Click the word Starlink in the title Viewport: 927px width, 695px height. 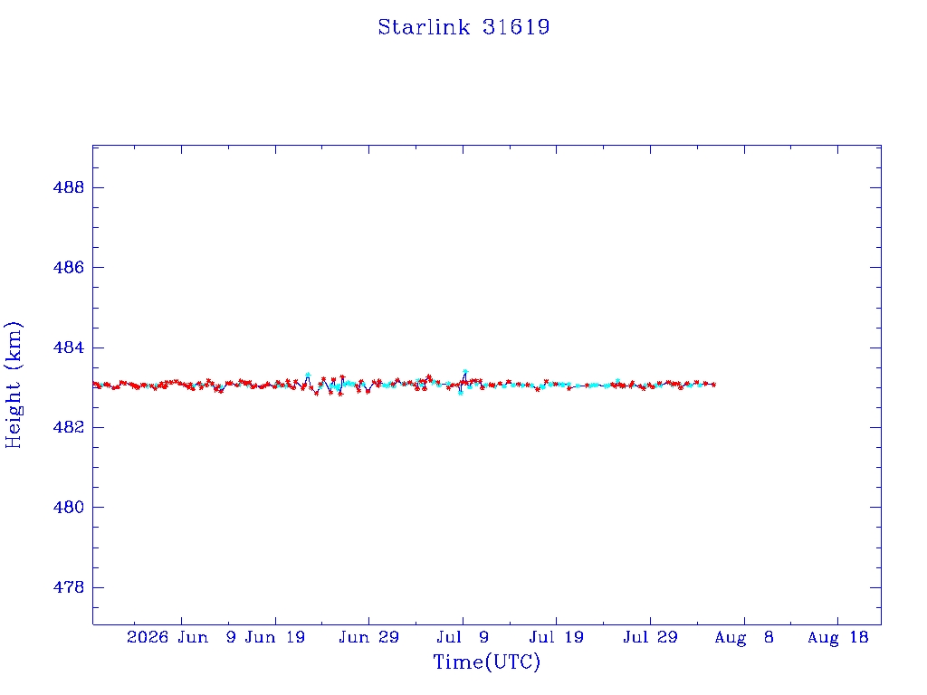(x=424, y=27)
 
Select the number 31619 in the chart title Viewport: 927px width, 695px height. (x=516, y=27)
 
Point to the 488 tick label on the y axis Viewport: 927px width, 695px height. (x=69, y=187)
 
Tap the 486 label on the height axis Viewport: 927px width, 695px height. (x=69, y=267)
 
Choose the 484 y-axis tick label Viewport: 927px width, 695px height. (x=69, y=347)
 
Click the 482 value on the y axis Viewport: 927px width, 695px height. (x=69, y=427)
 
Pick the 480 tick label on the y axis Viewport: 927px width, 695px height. (x=69, y=507)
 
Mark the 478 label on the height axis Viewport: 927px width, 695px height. (x=69, y=587)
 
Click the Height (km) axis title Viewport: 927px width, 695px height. (x=14, y=386)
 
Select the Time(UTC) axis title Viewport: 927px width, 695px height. (x=486, y=662)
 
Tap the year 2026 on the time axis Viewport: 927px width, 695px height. (x=148, y=637)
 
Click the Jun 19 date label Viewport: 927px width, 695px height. (x=275, y=637)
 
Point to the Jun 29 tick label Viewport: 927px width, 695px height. (x=369, y=637)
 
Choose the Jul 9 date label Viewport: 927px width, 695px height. (x=463, y=637)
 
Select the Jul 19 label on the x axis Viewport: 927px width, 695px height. (x=557, y=637)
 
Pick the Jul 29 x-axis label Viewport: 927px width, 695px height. (x=650, y=637)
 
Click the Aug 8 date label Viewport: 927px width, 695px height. (x=744, y=637)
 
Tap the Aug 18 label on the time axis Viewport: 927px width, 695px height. (x=837, y=637)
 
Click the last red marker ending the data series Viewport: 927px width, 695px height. (x=714, y=384)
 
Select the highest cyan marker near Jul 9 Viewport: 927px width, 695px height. (x=465, y=372)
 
